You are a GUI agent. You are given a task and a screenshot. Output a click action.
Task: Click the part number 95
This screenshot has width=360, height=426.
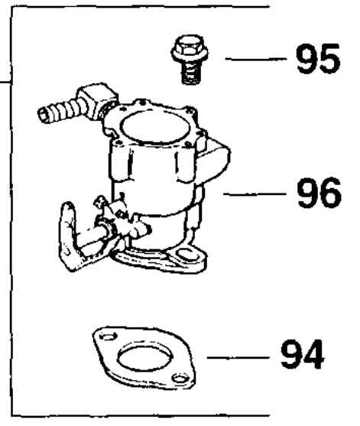318,59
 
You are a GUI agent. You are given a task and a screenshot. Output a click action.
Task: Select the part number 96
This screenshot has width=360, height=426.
319,193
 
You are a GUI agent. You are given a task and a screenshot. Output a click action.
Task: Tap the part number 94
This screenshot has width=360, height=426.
302,354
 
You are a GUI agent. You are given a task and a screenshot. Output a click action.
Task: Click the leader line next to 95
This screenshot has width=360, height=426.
256,58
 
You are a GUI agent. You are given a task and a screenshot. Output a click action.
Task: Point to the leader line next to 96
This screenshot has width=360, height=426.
255,193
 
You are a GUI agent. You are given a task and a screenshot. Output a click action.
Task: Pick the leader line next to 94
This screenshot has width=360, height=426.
238,357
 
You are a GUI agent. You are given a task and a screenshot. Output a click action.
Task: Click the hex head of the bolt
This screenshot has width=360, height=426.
190,50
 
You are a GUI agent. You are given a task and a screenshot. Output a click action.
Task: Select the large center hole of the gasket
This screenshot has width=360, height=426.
145,356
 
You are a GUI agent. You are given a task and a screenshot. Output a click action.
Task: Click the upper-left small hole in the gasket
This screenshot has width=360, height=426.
109,337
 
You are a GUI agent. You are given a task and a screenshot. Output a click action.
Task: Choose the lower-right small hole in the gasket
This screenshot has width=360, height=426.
181,378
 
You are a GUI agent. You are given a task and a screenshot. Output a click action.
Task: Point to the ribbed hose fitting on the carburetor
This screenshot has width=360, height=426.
59,111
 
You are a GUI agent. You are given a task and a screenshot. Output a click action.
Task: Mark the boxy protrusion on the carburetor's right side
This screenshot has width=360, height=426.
215,161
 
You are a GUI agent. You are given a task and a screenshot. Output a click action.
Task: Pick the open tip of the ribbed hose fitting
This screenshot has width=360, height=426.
43,115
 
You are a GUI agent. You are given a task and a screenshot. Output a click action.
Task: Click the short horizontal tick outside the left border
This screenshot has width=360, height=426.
5,81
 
